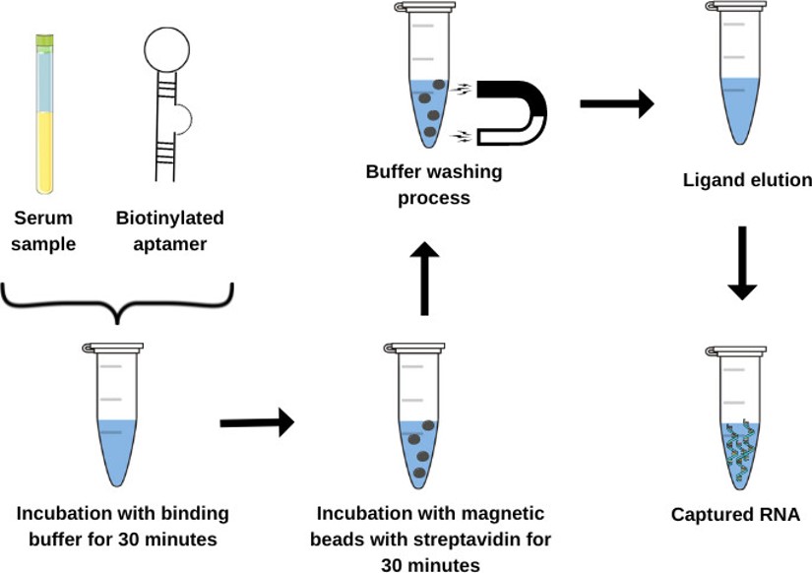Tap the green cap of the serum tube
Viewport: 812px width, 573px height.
click(x=45, y=41)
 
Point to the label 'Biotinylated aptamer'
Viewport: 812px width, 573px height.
click(x=169, y=230)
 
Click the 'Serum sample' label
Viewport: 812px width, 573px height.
click(x=43, y=230)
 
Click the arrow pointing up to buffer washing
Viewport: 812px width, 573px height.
click(x=424, y=281)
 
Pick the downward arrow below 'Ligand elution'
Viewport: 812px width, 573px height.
click(x=742, y=263)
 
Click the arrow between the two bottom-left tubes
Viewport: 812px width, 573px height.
click(x=256, y=422)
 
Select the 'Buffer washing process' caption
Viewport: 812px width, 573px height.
click(x=434, y=185)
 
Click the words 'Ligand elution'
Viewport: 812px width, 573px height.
click(x=747, y=181)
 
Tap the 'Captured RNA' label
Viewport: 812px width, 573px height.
click(x=735, y=515)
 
